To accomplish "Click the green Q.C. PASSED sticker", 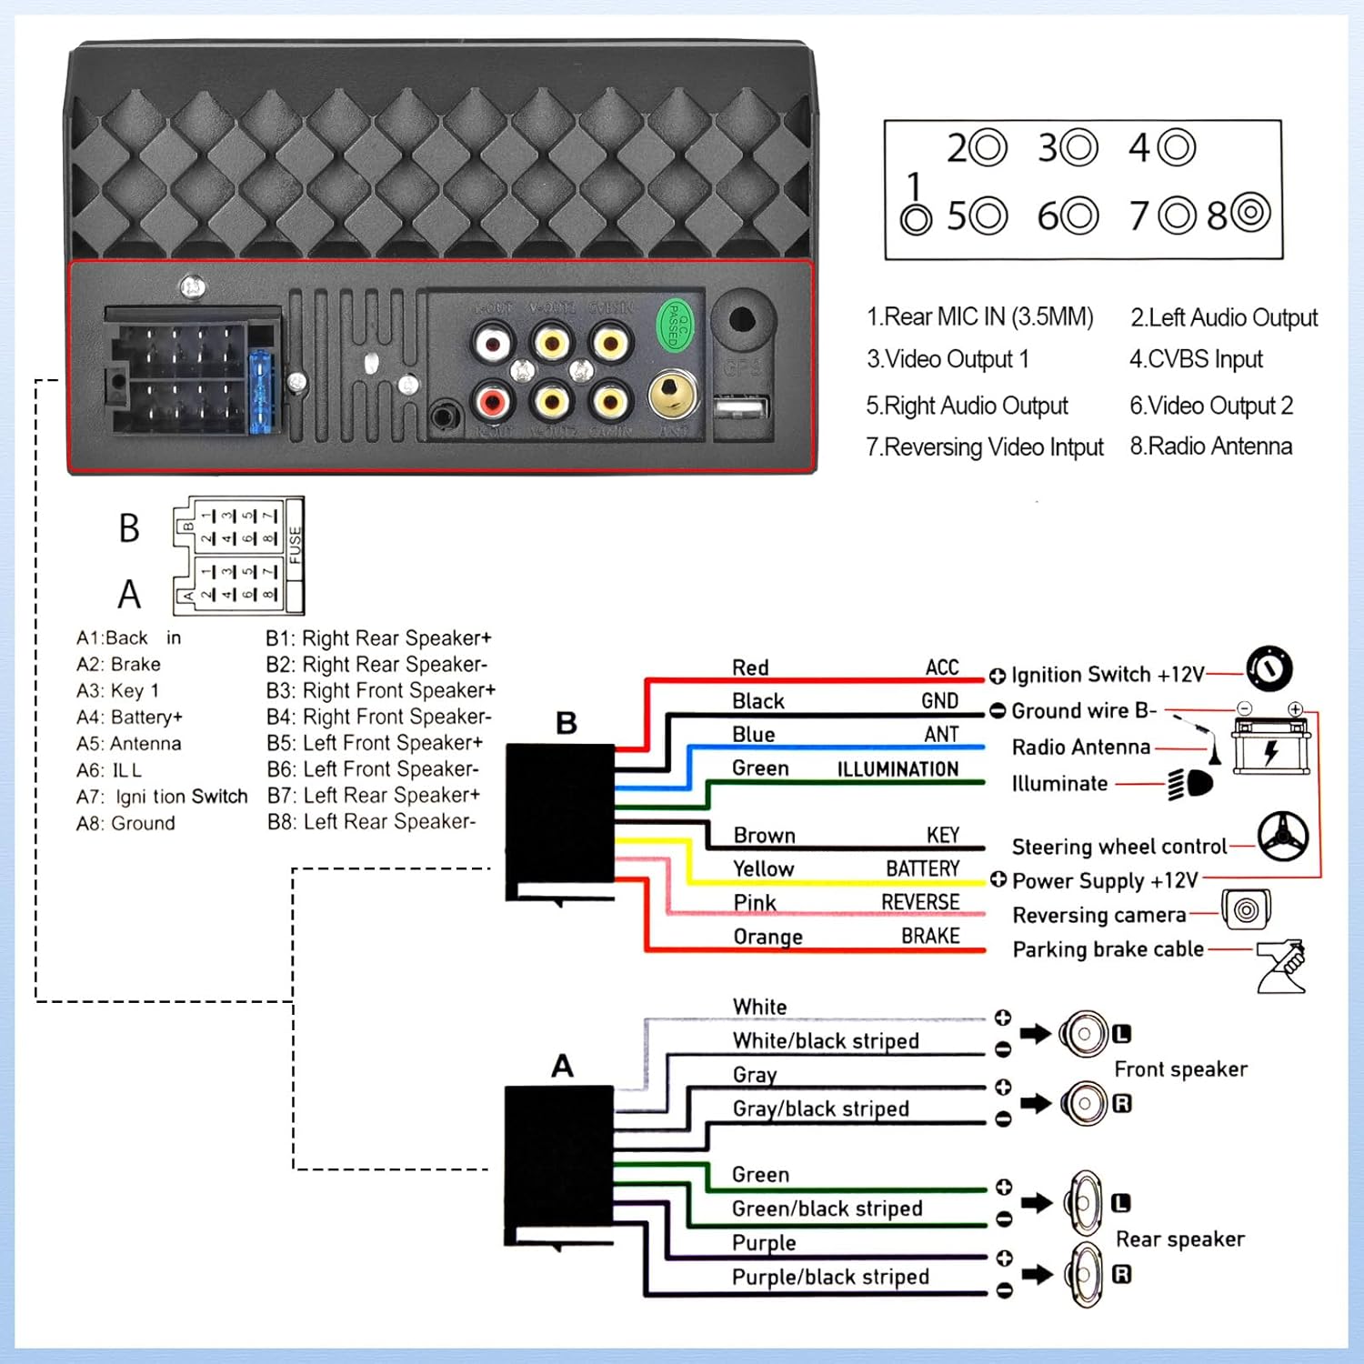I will (674, 325).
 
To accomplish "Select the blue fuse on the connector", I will (262, 392).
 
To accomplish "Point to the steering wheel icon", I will (1282, 836).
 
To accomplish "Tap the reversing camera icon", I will (1246, 909).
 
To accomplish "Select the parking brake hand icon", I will (1282, 966).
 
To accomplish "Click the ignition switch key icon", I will (1269, 669).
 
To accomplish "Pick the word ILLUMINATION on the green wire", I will (898, 769).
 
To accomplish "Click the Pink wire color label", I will (755, 902).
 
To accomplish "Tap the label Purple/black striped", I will (830, 1277).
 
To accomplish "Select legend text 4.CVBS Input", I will (1196, 359).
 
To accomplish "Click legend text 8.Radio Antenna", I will (1210, 446).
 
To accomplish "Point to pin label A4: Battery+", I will (129, 717).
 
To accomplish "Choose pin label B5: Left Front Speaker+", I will (375, 743).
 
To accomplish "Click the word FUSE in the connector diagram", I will (295, 545).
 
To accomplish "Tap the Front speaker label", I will (1180, 1069).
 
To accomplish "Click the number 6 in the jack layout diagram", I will (1048, 216).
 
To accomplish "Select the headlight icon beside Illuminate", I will (1190, 783).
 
